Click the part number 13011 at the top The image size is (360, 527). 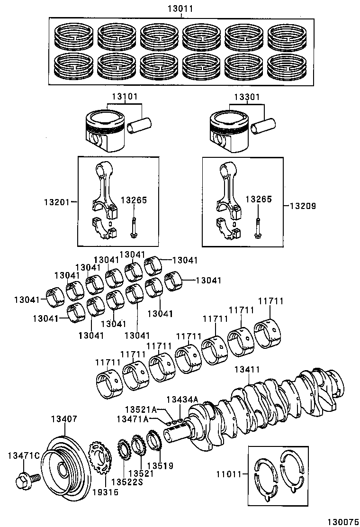point(182,9)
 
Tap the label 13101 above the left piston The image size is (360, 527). point(125,97)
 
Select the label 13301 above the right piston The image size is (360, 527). point(246,97)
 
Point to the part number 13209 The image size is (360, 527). point(303,206)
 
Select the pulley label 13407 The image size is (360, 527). point(63,419)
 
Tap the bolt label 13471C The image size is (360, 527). point(23,456)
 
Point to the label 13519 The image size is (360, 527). point(160,466)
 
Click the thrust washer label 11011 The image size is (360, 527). point(229,473)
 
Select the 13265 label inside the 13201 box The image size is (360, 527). point(134,200)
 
